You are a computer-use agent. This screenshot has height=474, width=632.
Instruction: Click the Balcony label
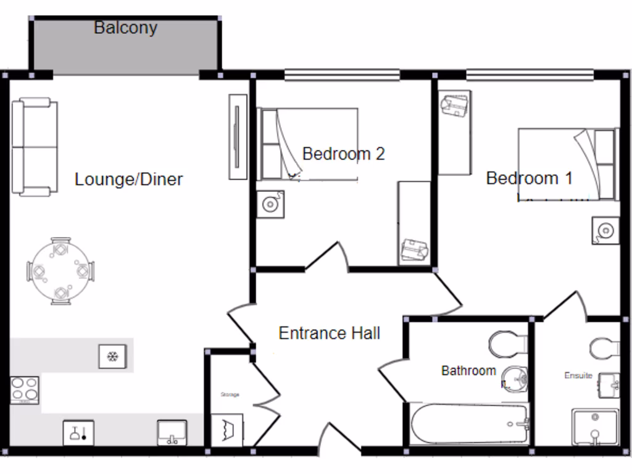tap(125, 28)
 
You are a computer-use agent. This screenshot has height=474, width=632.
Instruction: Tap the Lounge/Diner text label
tap(128, 180)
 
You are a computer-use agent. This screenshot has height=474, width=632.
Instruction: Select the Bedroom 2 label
tap(343, 154)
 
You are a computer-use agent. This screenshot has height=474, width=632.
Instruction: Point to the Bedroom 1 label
tap(529, 178)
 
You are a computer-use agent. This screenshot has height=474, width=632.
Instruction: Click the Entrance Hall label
tap(329, 333)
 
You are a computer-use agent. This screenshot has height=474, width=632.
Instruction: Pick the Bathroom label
tap(468, 371)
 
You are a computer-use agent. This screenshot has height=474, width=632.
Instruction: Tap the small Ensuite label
tap(578, 375)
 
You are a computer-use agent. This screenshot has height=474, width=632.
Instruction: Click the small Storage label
tap(230, 394)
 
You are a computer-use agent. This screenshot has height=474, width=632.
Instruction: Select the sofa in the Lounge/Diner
tap(35, 148)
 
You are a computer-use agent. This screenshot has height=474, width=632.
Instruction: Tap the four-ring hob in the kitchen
tap(25, 390)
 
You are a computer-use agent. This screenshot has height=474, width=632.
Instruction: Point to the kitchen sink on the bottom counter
tap(172, 433)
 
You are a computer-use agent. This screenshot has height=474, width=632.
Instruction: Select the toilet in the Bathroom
tap(508, 344)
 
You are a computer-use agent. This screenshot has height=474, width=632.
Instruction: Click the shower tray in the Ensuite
tap(595, 427)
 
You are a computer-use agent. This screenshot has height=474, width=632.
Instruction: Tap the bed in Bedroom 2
tap(309, 144)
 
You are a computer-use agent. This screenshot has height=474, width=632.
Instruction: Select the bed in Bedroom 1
tap(567, 164)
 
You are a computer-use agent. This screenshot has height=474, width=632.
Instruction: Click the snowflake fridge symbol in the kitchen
tap(112, 357)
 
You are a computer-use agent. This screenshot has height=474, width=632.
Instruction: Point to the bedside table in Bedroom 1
tap(605, 230)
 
